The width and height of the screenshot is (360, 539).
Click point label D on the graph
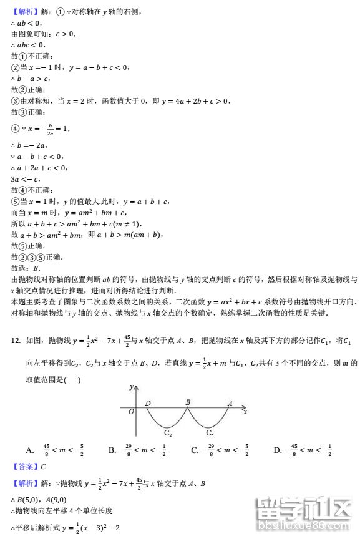click(x=148, y=403)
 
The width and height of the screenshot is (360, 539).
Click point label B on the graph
click(x=187, y=402)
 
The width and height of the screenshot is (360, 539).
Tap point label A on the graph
click(x=230, y=403)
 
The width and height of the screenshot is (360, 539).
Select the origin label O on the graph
click(x=130, y=412)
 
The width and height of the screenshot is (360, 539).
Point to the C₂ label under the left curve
click(x=168, y=432)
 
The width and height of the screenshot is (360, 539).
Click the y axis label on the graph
click(x=131, y=387)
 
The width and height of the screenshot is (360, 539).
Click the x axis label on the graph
click(x=245, y=412)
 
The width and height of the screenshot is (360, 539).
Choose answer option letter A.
click(x=29, y=450)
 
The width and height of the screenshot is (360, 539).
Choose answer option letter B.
click(x=112, y=450)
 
